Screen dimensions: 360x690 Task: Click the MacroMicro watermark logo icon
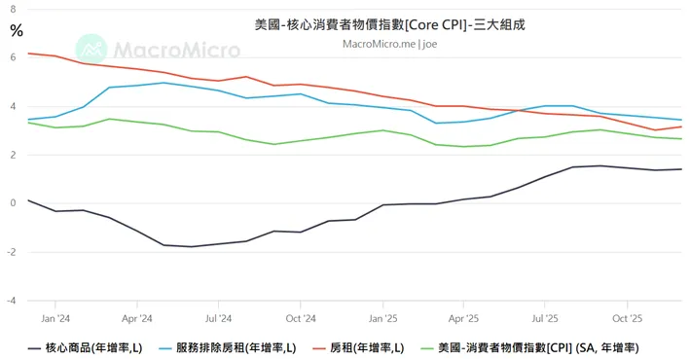(91, 48)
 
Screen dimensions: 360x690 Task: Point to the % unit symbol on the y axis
(16, 30)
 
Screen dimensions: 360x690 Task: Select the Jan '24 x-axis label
(55, 317)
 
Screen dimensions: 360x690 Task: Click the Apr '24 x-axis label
(137, 317)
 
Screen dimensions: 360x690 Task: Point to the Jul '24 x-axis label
(219, 317)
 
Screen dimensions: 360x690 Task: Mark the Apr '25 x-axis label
(464, 317)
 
